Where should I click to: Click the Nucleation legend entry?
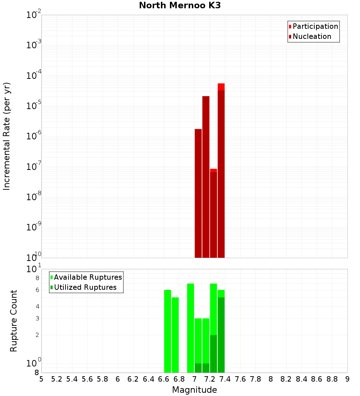click(312, 36)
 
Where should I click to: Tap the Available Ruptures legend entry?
click(88, 277)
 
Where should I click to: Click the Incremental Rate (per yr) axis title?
click(7, 136)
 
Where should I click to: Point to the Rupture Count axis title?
click(14, 321)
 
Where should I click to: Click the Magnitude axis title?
click(194, 390)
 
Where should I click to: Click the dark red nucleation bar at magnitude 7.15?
click(206, 176)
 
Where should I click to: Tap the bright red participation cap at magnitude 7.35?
click(221, 87)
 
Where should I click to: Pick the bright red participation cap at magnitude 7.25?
click(213, 170)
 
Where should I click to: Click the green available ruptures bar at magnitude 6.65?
click(167, 331)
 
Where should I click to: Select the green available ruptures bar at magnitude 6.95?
click(190, 328)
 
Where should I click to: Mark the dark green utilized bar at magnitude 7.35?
click(221, 335)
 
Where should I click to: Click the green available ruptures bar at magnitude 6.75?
click(175, 335)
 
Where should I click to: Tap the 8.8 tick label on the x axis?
click(332, 379)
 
